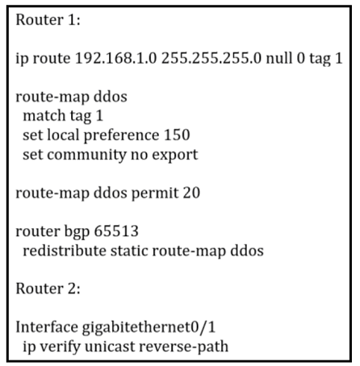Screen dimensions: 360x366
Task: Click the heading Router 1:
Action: (x=48, y=20)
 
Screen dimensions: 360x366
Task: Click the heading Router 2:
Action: (x=48, y=289)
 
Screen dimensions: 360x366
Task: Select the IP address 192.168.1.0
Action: (x=115, y=58)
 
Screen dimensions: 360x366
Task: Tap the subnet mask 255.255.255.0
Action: (x=211, y=58)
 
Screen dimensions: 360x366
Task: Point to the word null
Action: (x=279, y=58)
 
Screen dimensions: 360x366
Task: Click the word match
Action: (x=44, y=116)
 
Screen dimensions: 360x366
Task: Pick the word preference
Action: (x=121, y=135)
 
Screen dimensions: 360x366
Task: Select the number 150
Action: (x=177, y=135)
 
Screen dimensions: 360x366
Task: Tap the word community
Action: (x=86, y=155)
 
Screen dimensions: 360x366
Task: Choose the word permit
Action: (x=155, y=193)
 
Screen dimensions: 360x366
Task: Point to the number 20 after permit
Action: (x=191, y=193)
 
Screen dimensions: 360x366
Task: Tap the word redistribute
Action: (x=65, y=251)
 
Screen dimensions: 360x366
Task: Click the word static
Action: (x=129, y=251)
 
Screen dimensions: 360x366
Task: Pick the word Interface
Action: (x=47, y=327)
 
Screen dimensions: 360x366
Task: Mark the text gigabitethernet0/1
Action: (x=149, y=328)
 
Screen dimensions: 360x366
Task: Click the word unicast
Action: (x=109, y=347)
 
